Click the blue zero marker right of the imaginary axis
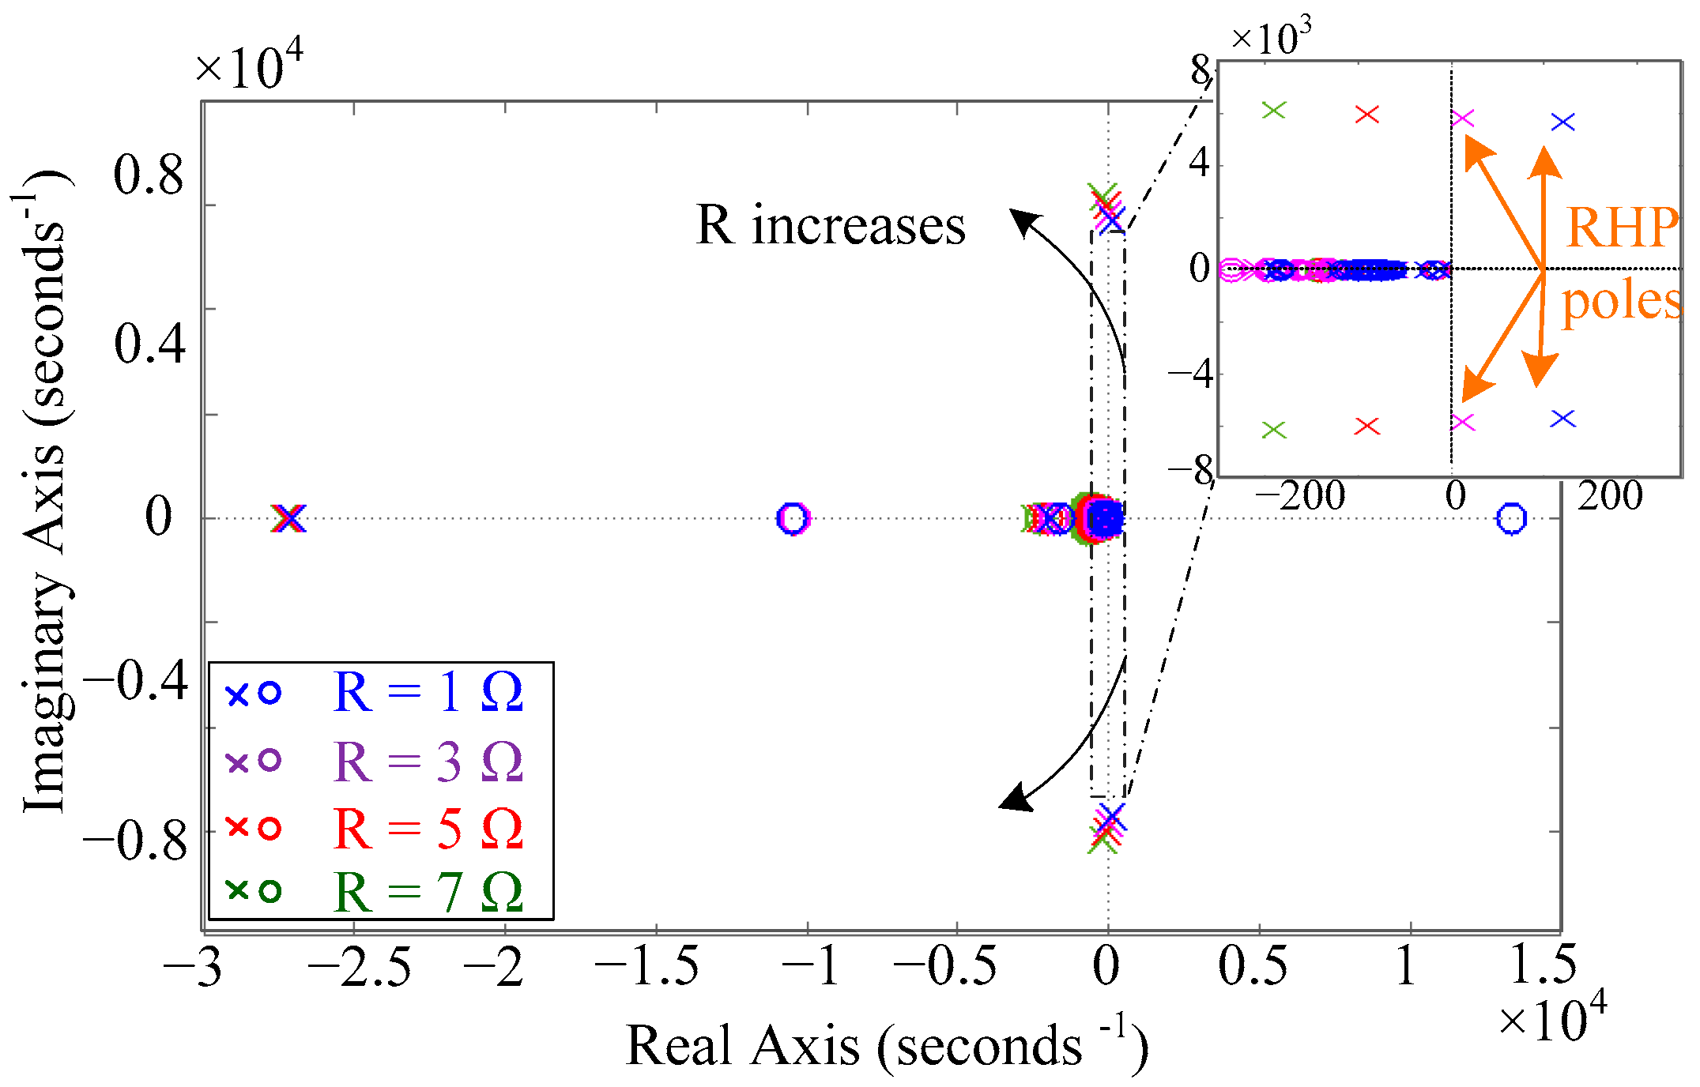[x=1511, y=519]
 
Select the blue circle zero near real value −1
[x=793, y=519]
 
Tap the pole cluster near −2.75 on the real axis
[x=288, y=519]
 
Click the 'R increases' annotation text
[x=831, y=227]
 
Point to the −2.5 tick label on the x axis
[x=360, y=968]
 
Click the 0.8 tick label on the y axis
[x=149, y=175]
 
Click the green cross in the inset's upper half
[x=1274, y=111]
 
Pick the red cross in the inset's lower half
[x=1366, y=427]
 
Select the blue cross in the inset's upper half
[x=1563, y=122]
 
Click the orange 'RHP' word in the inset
[x=1622, y=228]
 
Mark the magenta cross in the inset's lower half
[x=1463, y=422]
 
